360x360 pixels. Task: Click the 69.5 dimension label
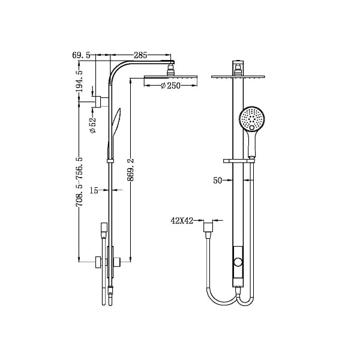coord(81,55)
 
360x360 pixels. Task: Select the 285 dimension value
coord(140,55)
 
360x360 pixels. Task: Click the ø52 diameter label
coord(93,124)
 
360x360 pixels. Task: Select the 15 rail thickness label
coord(94,191)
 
